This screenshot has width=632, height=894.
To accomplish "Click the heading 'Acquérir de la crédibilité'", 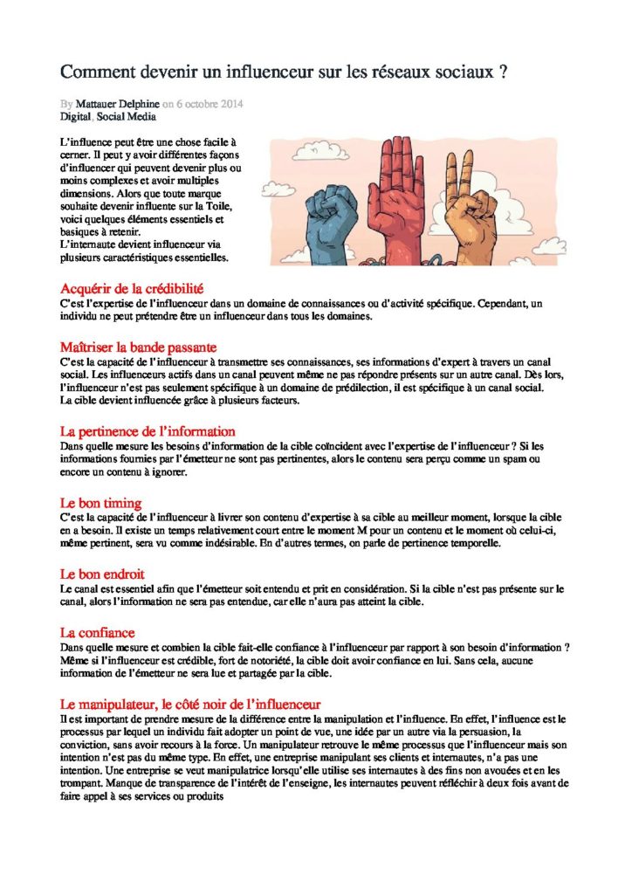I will pyautogui.click(x=132, y=289).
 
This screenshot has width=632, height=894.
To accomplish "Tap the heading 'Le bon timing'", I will pyautogui.click(x=100, y=503).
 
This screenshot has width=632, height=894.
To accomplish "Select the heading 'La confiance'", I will pyautogui.click(x=97, y=632).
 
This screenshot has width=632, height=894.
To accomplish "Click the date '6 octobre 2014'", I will pyautogui.click(x=210, y=103).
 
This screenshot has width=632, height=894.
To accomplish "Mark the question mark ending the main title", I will pyautogui.click(x=505, y=72).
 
